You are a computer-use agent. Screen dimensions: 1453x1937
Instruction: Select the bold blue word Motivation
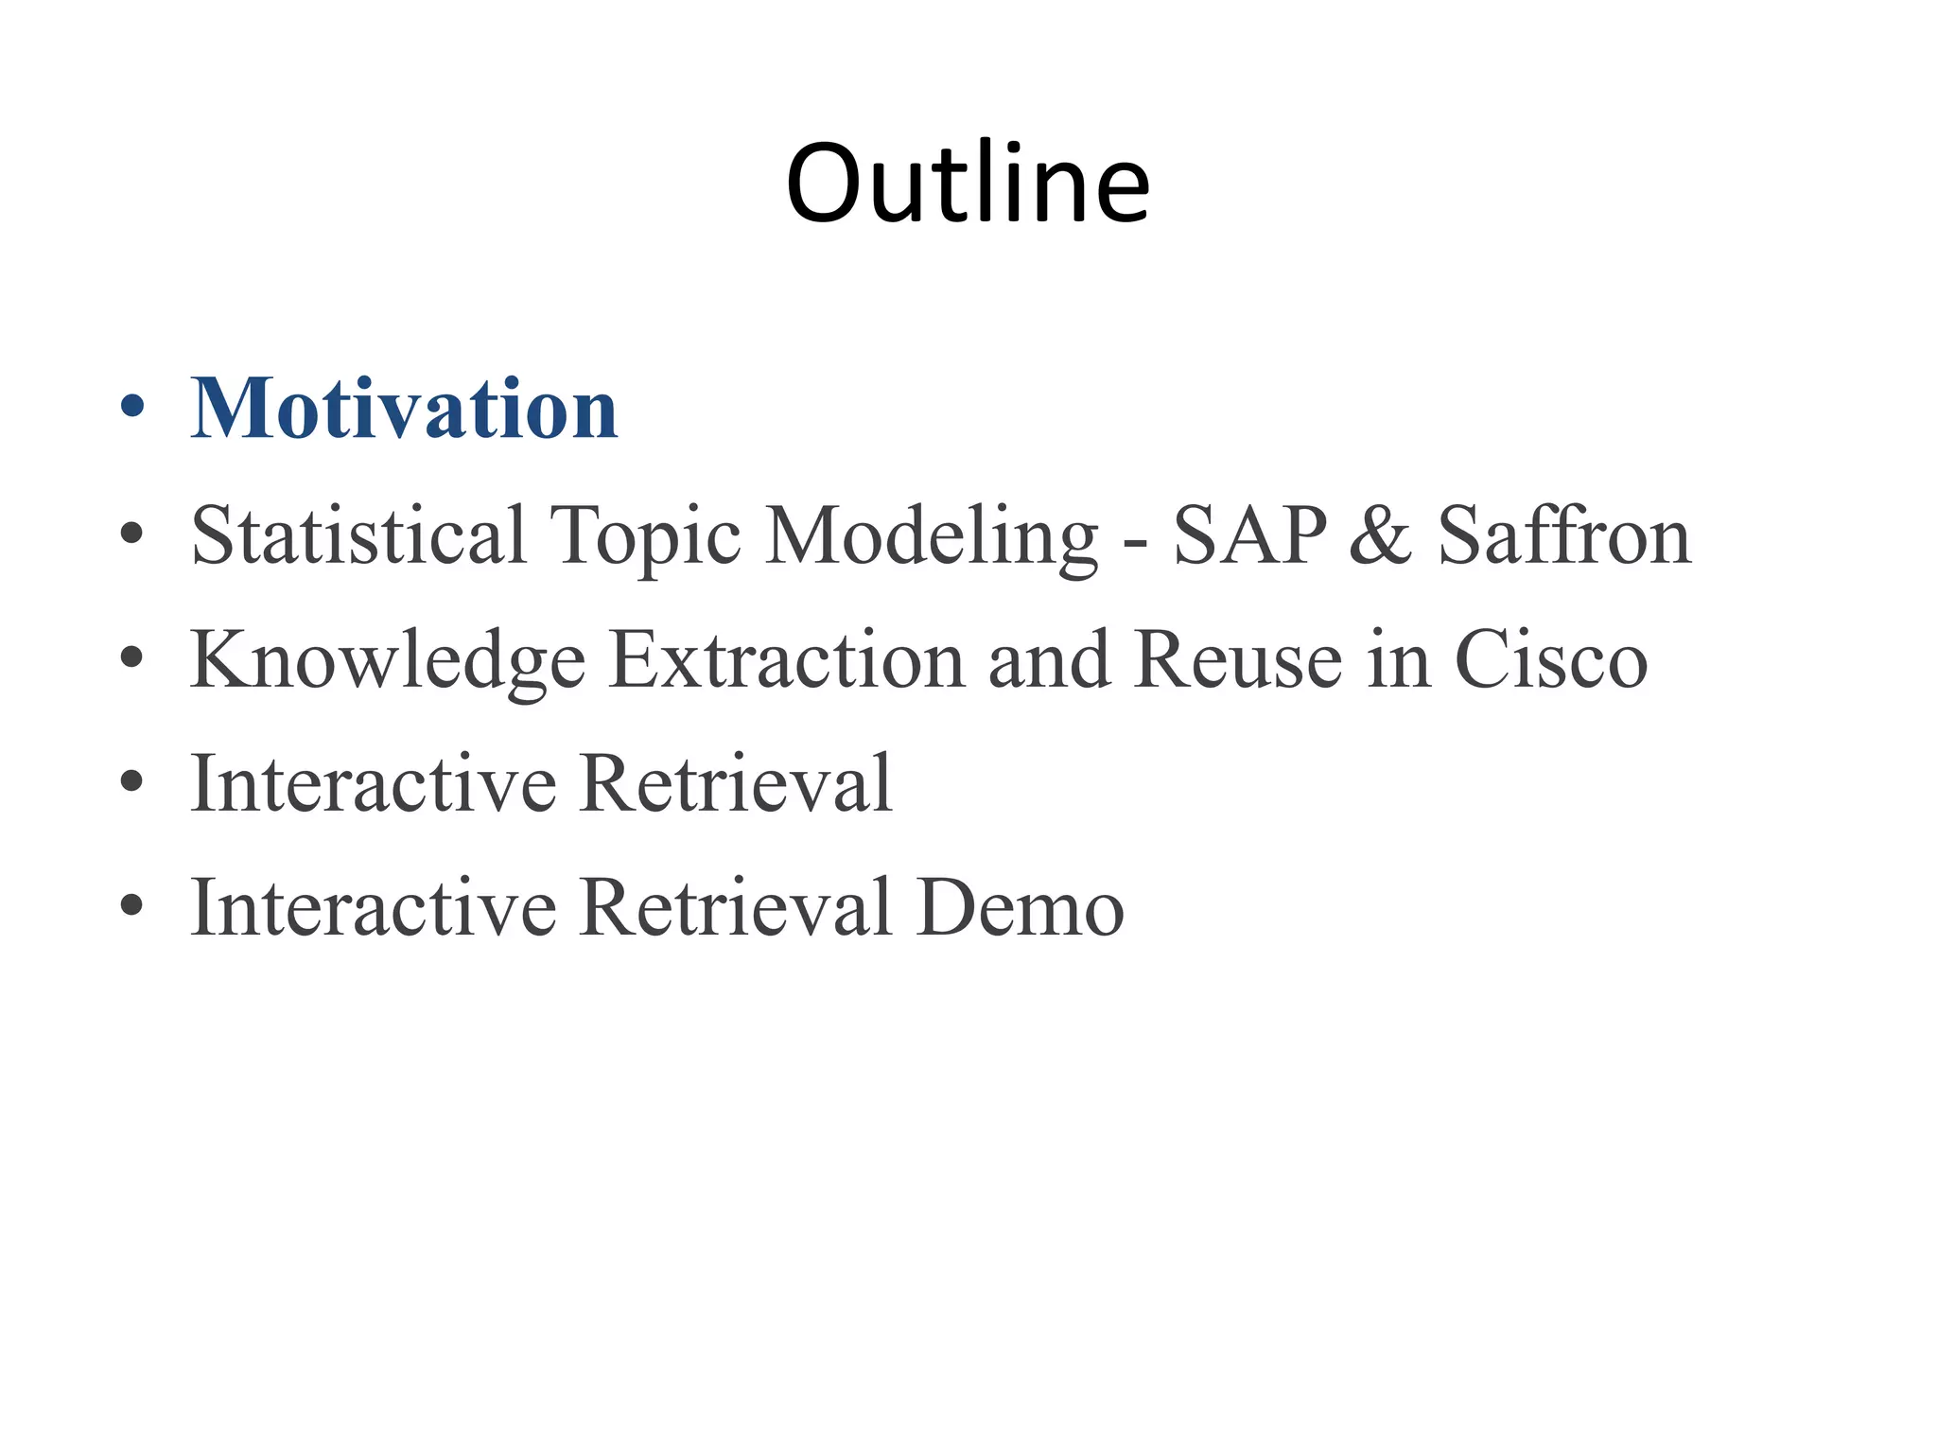(x=405, y=409)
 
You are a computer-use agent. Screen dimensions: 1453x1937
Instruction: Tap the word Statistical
(x=358, y=535)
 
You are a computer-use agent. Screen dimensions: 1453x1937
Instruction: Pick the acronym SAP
(x=1250, y=535)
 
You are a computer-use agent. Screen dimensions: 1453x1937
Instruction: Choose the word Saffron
(x=1564, y=535)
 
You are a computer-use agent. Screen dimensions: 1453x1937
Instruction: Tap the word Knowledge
(x=388, y=661)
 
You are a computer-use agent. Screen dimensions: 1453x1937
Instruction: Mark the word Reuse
(x=1239, y=659)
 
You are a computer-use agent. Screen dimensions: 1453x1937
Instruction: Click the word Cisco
(x=1551, y=659)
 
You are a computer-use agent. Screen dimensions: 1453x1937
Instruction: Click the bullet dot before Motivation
(x=132, y=407)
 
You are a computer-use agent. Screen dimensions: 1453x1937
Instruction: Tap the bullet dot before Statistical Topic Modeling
(x=132, y=533)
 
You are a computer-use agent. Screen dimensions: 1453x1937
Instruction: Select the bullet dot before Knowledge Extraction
(x=132, y=656)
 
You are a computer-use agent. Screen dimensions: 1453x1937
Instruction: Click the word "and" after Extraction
(x=1049, y=659)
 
